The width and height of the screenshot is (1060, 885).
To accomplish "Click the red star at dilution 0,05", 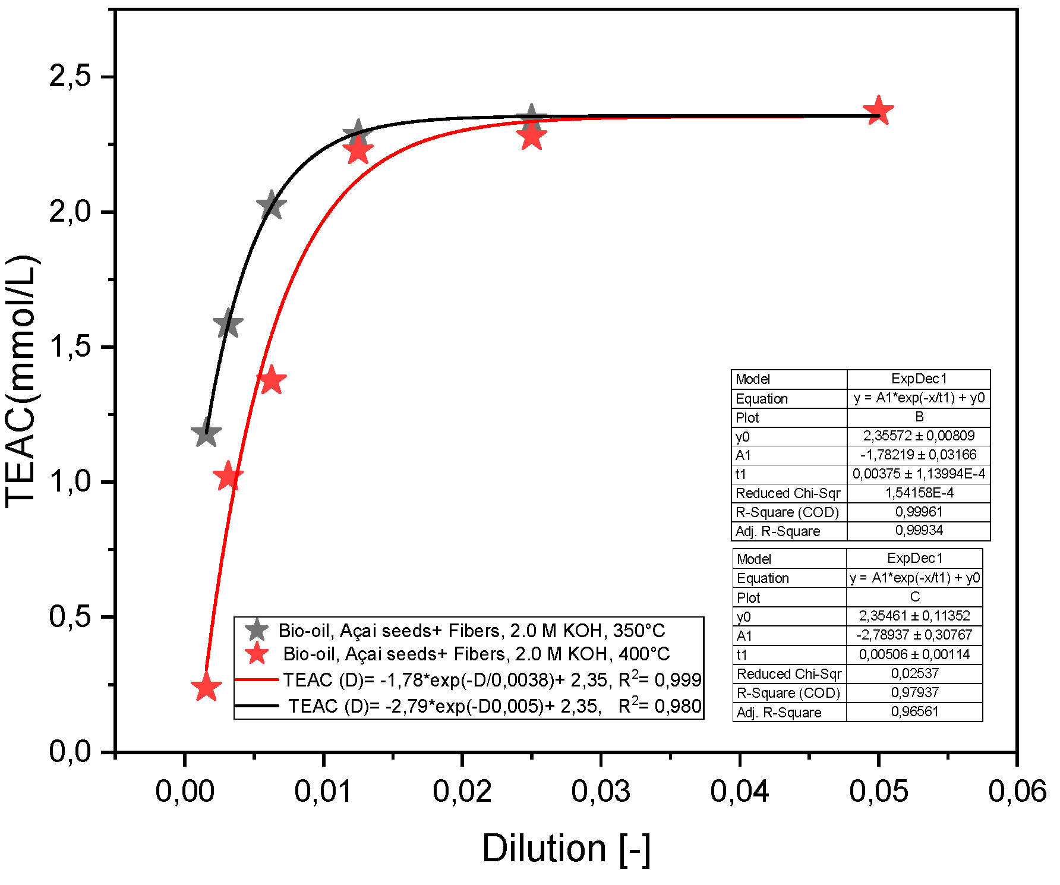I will click(x=878, y=111).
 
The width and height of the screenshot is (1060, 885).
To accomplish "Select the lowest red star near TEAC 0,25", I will click(x=206, y=687).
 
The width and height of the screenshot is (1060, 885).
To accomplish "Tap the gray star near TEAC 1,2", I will click(x=206, y=433).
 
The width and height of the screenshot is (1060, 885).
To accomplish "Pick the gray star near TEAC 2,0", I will click(x=271, y=206).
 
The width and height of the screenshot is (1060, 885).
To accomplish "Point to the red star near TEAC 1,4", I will click(x=271, y=380).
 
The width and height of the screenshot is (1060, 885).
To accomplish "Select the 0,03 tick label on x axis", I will click(x=601, y=791).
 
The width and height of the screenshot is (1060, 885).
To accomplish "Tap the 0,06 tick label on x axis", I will click(x=1017, y=791).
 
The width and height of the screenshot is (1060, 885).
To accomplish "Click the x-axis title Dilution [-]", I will click(x=566, y=848).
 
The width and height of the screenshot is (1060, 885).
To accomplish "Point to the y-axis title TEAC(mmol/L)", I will click(x=21, y=380).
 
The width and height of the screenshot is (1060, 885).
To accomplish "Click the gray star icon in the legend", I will click(x=257, y=630).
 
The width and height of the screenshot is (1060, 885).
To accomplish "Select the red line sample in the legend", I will click(x=257, y=679).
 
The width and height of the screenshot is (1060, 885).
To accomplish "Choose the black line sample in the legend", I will click(x=257, y=706).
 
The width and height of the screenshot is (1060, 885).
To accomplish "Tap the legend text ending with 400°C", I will click(x=476, y=654).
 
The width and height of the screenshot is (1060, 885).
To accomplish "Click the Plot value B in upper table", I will click(x=919, y=417).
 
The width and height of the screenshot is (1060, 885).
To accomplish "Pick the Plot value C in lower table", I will click(x=914, y=597).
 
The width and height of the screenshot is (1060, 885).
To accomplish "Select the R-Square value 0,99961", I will click(x=919, y=512).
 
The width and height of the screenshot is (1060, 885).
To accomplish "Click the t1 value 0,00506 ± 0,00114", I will click(x=914, y=654).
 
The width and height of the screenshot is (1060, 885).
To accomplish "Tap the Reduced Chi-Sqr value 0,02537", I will click(x=914, y=673).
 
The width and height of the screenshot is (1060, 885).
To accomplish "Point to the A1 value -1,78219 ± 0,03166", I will click(x=919, y=455).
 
